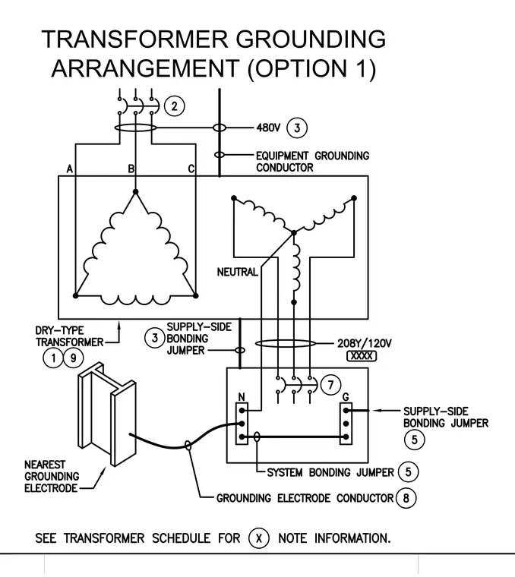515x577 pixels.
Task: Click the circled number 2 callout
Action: (174, 106)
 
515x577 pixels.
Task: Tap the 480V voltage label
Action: (268, 128)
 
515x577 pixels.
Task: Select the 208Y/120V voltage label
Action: (365, 343)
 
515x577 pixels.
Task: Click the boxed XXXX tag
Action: (362, 356)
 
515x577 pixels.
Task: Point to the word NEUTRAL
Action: (238, 272)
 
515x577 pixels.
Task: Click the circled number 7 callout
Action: (331, 385)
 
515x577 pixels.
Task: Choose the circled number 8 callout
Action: (406, 498)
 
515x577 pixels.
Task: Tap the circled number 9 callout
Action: (73, 358)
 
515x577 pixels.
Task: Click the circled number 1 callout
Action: (53, 358)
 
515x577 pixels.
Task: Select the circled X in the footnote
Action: (259, 538)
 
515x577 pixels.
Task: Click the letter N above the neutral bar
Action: (242, 396)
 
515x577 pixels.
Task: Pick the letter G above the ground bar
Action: (346, 396)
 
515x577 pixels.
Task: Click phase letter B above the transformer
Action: (131, 169)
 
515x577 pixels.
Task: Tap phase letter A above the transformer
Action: (70, 169)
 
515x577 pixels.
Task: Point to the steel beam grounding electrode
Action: (107, 414)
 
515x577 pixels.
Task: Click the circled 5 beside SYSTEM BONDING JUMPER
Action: (408, 471)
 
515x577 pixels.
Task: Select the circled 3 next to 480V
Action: (297, 128)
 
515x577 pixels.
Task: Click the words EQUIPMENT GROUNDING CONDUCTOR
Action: (312, 162)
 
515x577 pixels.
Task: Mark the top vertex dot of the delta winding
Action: (135, 192)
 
